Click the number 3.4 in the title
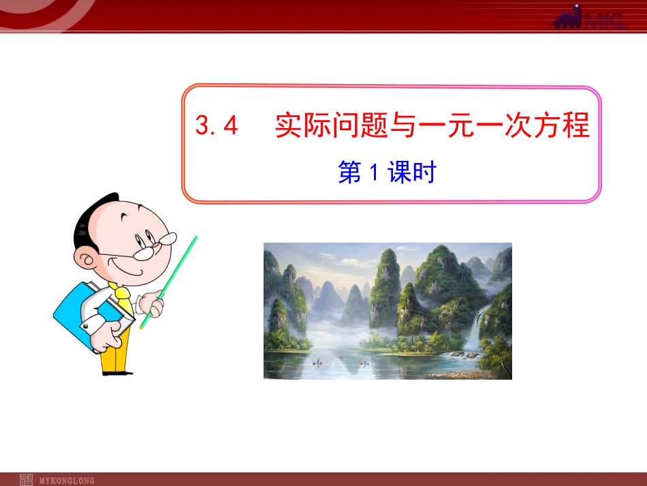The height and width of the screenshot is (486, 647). point(216,127)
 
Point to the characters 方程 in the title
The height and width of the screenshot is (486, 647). point(561,126)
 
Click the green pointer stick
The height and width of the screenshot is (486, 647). point(170,279)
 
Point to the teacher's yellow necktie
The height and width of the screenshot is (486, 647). point(124,300)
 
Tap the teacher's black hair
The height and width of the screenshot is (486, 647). point(92,218)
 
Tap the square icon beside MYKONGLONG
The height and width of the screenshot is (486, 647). point(27,479)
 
